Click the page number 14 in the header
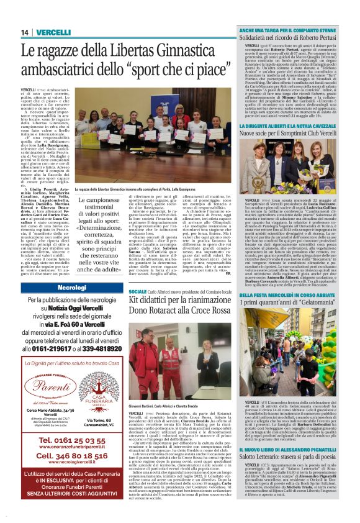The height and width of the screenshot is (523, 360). tap(25, 32)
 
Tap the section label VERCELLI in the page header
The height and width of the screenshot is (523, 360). tap(54, 32)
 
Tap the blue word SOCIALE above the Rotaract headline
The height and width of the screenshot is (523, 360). tap(138, 291)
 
